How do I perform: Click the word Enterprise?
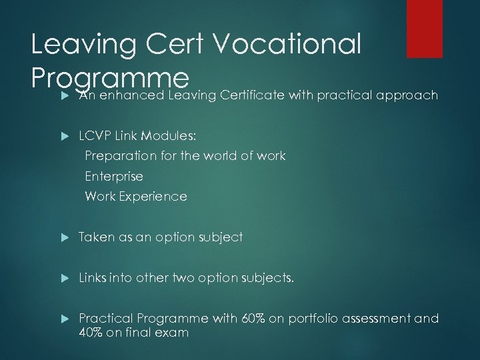pos(113,177)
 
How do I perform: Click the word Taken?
pos(95,237)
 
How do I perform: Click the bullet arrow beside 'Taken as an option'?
pos(64,237)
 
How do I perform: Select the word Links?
pos(94,278)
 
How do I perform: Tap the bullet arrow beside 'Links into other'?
pos(64,278)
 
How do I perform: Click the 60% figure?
pos(257,319)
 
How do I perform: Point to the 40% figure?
pos(91,332)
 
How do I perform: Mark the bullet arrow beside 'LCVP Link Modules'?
pos(64,135)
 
